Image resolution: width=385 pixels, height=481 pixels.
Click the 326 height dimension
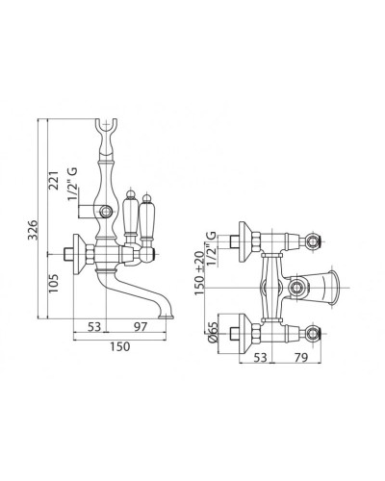pyautogui.click(x=33, y=230)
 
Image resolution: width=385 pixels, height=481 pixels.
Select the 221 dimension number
pyautogui.click(x=54, y=180)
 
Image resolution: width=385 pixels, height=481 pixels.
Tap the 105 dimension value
pyautogui.click(x=54, y=283)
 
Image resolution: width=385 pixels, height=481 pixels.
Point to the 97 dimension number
pyautogui.click(x=141, y=327)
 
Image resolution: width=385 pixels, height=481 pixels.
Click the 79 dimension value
pyautogui.click(x=300, y=357)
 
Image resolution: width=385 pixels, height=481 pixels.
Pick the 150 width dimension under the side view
pyautogui.click(x=120, y=346)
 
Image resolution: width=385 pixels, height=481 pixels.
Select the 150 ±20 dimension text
pyautogui.click(x=199, y=273)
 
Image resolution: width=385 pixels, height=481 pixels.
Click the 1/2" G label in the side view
pyautogui.click(x=73, y=184)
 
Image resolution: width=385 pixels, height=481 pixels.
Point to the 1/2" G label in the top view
pyautogui.click(x=211, y=248)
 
